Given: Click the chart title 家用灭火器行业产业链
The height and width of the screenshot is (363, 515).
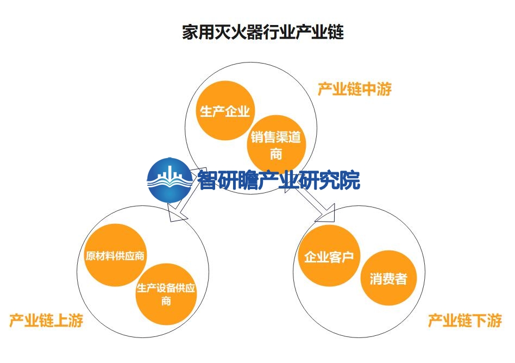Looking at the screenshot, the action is coord(263,32).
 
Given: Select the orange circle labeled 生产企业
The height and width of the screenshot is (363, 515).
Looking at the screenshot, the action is coord(225,110).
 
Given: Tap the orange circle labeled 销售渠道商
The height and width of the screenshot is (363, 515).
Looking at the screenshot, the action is coord(276,145).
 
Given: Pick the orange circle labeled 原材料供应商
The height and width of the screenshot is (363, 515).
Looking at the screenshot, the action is coord(115,255).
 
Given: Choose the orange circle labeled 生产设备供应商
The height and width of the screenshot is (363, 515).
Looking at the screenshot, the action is coord(166,294).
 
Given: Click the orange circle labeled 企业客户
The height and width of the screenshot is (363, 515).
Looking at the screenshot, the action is coord(329,255).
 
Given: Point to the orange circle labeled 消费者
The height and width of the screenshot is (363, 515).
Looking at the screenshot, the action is coord(388,278).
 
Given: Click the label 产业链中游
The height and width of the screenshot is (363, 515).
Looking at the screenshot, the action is coord(355,89).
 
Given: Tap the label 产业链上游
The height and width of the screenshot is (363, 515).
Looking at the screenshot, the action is coord(46,320).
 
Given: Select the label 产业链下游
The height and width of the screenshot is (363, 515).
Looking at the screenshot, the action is coord(464,320).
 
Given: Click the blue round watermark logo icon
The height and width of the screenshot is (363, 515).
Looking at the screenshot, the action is coord(169,180).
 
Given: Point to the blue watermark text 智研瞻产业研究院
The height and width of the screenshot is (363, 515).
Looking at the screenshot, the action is coord(279,180).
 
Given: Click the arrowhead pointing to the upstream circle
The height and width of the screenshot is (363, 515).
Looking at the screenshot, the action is coord(177,212).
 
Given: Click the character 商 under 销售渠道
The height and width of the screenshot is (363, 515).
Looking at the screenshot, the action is coord(276,153).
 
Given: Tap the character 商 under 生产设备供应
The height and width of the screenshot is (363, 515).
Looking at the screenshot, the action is coord(166,301).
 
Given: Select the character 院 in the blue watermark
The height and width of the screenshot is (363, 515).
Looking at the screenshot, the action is coord(350,180).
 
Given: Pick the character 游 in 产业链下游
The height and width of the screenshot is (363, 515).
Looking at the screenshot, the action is coord(495,320).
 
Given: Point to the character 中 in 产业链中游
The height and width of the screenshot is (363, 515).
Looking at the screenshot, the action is coord(369,89).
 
